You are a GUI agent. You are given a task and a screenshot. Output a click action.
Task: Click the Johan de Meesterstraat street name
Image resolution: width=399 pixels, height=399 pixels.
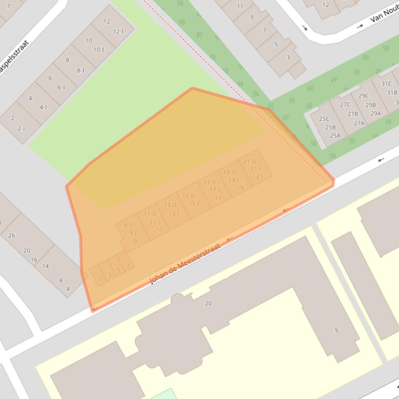[x=185, y=263]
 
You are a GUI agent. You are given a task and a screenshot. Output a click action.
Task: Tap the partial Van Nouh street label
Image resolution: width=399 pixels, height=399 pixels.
[x=383, y=14]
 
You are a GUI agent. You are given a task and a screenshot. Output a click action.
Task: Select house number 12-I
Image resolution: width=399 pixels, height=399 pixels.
[x=118, y=31]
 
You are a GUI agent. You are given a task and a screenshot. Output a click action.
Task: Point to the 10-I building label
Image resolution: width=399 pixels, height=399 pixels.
[x=99, y=50]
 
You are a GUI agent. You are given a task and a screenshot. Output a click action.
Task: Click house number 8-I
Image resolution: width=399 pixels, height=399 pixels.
[x=80, y=70]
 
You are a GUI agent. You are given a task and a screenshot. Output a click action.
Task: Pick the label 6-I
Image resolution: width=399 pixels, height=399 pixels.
[x=61, y=87]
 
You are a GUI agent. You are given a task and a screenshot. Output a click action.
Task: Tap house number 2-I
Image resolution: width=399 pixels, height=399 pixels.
[x=21, y=128]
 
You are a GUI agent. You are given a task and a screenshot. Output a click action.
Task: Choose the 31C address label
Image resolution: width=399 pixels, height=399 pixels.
[x=386, y=83]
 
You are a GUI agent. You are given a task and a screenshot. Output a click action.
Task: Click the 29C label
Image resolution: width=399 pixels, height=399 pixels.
[x=363, y=96]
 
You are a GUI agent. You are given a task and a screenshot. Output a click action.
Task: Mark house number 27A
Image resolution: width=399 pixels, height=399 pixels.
[x=359, y=123]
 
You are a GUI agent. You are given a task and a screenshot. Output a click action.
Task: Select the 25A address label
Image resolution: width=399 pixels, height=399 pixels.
[x=335, y=136]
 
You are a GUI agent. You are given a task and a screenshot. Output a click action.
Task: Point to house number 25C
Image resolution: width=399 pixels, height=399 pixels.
[x=324, y=119]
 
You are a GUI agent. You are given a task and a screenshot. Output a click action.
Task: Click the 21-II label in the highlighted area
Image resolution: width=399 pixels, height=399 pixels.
[x=250, y=162]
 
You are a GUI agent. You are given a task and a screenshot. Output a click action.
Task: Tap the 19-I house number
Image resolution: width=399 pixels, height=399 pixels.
[x=233, y=180]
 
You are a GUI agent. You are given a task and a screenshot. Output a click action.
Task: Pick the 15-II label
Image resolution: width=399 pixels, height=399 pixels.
[x=188, y=196]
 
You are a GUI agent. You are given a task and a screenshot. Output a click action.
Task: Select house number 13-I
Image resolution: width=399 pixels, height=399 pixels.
[x=173, y=213]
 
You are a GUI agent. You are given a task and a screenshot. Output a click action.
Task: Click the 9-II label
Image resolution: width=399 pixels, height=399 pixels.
[x=128, y=225]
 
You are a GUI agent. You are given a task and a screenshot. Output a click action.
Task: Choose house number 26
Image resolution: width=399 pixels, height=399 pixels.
[x=11, y=235]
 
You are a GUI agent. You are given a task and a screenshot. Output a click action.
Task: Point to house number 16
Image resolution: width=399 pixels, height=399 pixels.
[x=34, y=260]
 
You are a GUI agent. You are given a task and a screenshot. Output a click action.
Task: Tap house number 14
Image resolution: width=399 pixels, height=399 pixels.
[x=45, y=266]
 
